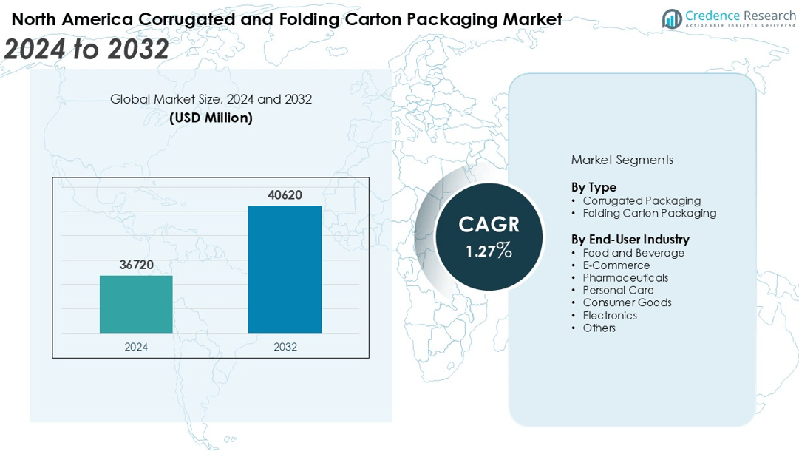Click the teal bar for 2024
click(136, 304)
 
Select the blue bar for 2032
click(285, 269)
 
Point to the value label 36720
click(136, 265)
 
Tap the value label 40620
click(285, 195)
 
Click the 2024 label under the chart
click(136, 346)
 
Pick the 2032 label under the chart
click(285, 346)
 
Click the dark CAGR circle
click(489, 237)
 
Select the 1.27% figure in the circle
click(489, 251)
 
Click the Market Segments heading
click(622, 160)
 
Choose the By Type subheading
click(594, 187)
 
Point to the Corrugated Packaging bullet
click(641, 200)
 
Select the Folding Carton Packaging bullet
click(649, 213)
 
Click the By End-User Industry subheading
click(630, 240)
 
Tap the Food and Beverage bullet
click(633, 253)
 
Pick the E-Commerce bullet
click(616, 265)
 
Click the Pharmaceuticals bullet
click(625, 278)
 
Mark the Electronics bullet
click(609, 316)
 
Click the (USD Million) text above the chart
click(211, 118)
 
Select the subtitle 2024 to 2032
click(86, 49)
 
